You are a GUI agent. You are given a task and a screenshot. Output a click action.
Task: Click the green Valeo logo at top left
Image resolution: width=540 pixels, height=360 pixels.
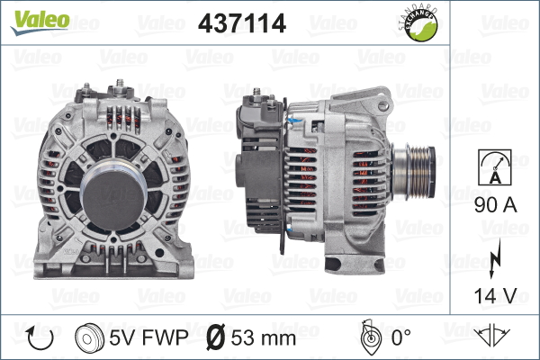(40, 22)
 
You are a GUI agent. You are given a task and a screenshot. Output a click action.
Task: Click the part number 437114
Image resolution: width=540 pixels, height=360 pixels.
(242, 23)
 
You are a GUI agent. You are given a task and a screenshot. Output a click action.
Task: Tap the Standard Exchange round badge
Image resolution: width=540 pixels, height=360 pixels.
(419, 23)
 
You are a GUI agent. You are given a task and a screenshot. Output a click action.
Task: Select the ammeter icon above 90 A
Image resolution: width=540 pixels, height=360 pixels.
(495, 167)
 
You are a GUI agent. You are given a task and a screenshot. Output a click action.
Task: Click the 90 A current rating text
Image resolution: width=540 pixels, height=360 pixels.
(496, 205)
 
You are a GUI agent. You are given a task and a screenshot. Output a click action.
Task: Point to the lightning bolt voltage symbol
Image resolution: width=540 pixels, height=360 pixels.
(495, 258)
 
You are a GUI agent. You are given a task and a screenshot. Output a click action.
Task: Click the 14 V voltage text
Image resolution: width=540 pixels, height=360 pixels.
(496, 295)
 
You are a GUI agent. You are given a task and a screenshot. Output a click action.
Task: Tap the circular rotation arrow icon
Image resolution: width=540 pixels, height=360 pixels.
(40, 337)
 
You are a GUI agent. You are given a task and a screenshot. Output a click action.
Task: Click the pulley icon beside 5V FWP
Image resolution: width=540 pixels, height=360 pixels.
(89, 337)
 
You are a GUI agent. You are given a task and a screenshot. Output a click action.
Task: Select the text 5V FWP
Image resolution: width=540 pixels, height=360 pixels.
(148, 337)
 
